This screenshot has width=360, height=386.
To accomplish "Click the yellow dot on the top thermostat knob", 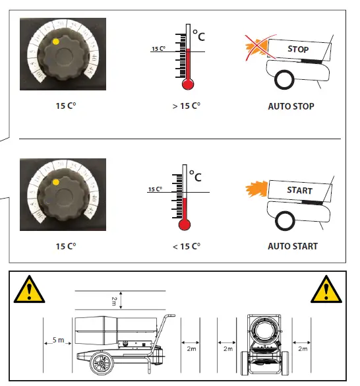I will [x=56, y=42].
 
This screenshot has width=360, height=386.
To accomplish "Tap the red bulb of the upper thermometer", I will [x=188, y=84].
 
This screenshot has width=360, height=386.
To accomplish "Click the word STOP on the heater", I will [x=297, y=49].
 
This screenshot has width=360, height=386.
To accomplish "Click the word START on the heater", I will [x=299, y=191].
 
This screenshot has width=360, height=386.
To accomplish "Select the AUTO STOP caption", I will [x=291, y=106].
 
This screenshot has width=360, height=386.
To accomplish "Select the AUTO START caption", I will [x=292, y=246].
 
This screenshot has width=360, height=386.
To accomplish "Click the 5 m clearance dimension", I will [x=57, y=340].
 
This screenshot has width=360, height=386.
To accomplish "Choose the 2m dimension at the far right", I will [x=303, y=348].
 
